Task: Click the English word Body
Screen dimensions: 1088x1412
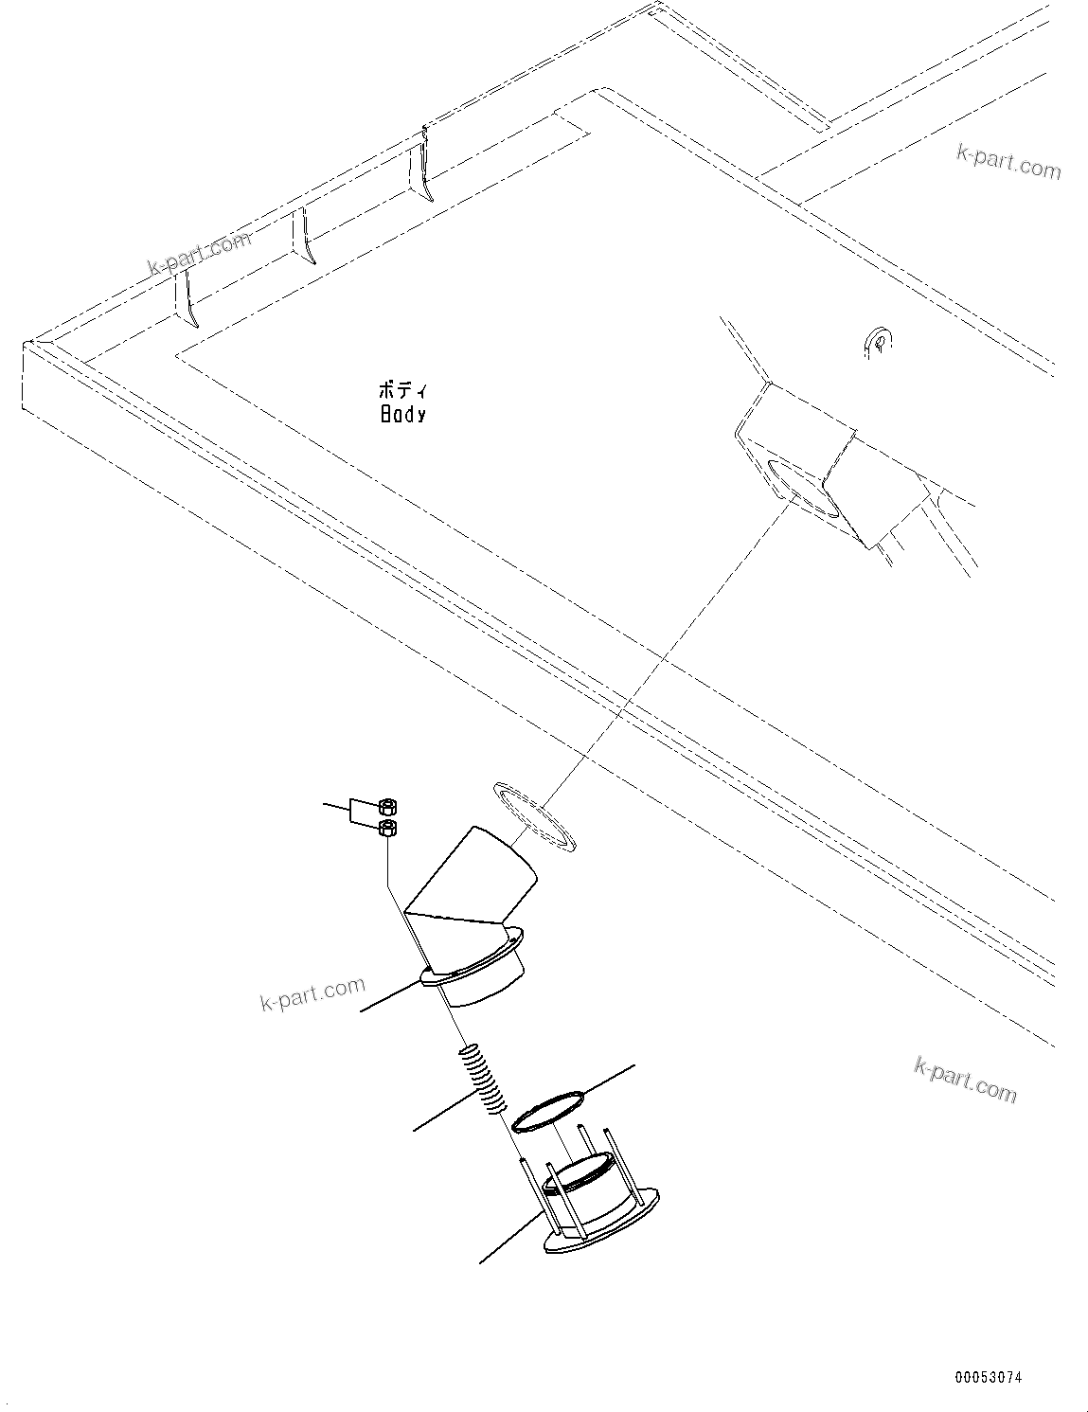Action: pos(402,415)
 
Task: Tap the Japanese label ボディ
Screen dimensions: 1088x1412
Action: pos(402,390)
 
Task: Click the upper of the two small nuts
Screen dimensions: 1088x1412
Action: pos(388,807)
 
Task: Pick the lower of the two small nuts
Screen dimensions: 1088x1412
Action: pos(388,828)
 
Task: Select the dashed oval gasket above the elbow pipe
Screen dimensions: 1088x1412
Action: pos(535,816)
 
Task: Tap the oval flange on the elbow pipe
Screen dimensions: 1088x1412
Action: pos(473,957)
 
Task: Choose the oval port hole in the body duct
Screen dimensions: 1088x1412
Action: pos(804,489)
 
